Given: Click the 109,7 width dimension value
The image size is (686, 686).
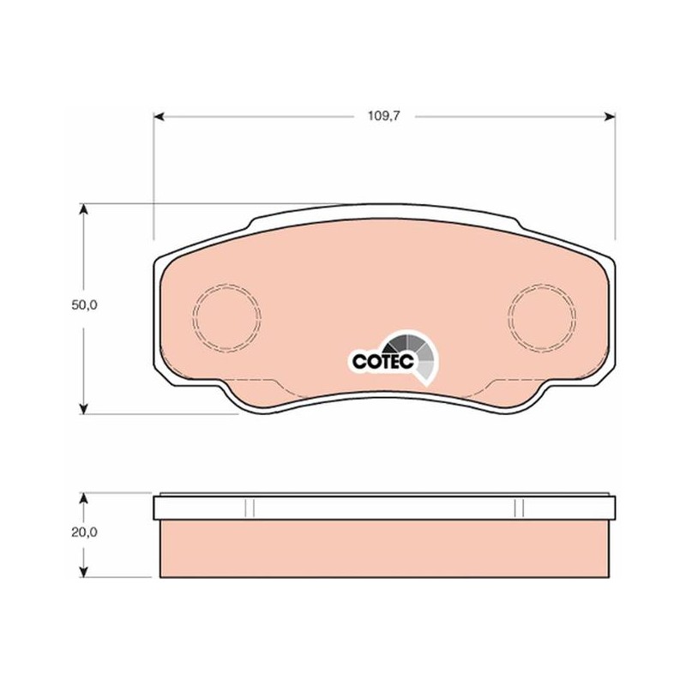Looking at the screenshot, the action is [x=383, y=117].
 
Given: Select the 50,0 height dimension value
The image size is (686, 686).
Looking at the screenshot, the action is [x=84, y=305].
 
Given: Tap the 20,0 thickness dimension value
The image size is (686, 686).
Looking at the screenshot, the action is [x=84, y=533].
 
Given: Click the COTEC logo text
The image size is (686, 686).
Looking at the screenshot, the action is [x=382, y=361].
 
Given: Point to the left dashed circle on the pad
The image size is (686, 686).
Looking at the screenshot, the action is [x=193, y=317].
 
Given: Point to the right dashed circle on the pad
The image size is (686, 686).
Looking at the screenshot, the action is [x=508, y=317].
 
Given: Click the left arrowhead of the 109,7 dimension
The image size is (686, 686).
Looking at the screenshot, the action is [x=159, y=117].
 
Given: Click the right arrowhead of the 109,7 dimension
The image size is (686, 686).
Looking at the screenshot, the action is [x=610, y=117].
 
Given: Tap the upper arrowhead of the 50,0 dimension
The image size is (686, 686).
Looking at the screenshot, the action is [x=83, y=209].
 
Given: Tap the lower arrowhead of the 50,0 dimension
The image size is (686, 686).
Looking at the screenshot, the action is [x=83, y=409].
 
